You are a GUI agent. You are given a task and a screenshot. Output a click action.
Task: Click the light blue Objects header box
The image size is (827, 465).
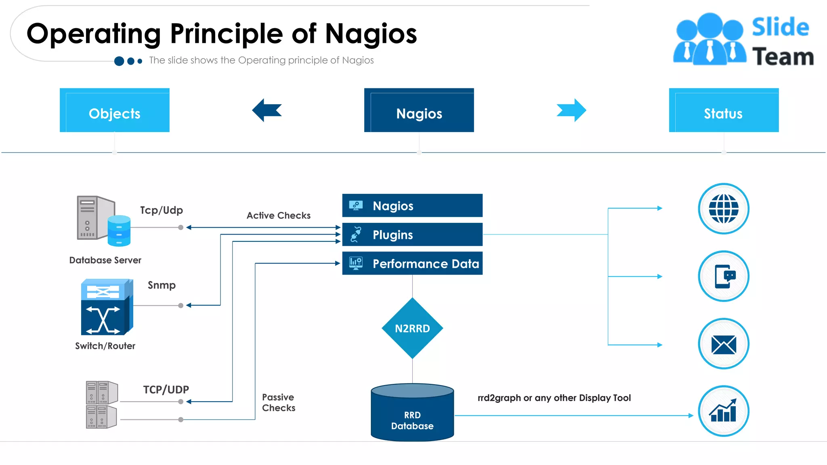(x=115, y=110)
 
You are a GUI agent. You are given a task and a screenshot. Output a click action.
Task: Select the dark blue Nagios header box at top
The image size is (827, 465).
(x=419, y=110)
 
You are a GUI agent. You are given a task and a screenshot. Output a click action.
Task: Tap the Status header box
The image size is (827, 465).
(x=724, y=110)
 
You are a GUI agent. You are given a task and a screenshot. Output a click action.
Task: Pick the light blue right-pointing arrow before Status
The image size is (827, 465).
(x=571, y=110)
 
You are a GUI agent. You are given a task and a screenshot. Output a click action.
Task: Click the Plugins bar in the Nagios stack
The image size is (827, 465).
(x=412, y=235)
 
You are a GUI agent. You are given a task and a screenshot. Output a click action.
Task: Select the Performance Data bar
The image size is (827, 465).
(x=412, y=264)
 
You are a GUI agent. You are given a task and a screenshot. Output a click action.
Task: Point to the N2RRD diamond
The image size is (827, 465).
(x=412, y=328)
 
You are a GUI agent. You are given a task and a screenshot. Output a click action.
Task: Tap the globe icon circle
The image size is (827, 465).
(x=724, y=209)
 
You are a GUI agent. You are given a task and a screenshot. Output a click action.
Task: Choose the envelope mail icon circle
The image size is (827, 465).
(x=724, y=344)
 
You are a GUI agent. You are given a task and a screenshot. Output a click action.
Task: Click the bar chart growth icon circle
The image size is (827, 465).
(x=724, y=411)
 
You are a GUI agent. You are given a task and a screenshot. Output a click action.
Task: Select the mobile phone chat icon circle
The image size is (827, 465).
(x=724, y=276)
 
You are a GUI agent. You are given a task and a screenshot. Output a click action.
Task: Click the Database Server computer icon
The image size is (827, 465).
(x=103, y=221)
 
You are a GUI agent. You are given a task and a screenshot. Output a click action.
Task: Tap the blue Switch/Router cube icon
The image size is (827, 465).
(x=107, y=307)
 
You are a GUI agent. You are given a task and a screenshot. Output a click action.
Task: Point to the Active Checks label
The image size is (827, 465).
(x=279, y=216)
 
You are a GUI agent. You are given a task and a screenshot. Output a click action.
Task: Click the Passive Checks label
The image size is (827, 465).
(x=279, y=402)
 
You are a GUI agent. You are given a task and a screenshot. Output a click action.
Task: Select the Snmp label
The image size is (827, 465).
(x=162, y=285)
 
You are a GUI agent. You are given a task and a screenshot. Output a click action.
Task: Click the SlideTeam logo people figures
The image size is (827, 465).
(x=709, y=39)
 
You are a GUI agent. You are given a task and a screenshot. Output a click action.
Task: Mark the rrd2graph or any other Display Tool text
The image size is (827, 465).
(x=554, y=398)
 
